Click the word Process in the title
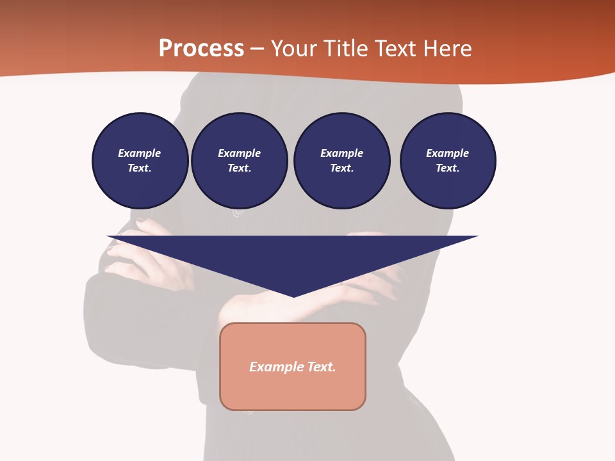[x=201, y=49]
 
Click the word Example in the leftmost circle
[x=139, y=153]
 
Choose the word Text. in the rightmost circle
[x=448, y=168]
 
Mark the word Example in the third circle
[x=341, y=153]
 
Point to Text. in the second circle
[x=240, y=168]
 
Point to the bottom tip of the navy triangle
[x=293, y=296]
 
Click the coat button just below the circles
[x=238, y=212]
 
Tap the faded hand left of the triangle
[x=125, y=259]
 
